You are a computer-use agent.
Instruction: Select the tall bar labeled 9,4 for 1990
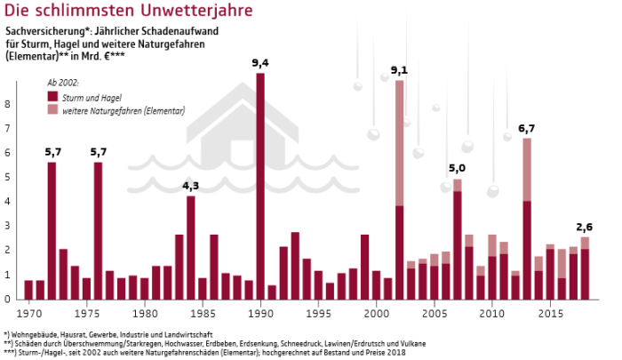point(259,187)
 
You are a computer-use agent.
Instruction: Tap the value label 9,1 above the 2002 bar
point(399,70)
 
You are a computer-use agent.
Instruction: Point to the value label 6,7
point(527,129)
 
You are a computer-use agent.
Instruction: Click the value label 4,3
point(190,185)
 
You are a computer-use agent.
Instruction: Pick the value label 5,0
point(457,168)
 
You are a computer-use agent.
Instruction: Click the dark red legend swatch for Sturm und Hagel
point(52,96)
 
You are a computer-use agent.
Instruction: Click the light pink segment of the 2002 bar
point(400,142)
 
